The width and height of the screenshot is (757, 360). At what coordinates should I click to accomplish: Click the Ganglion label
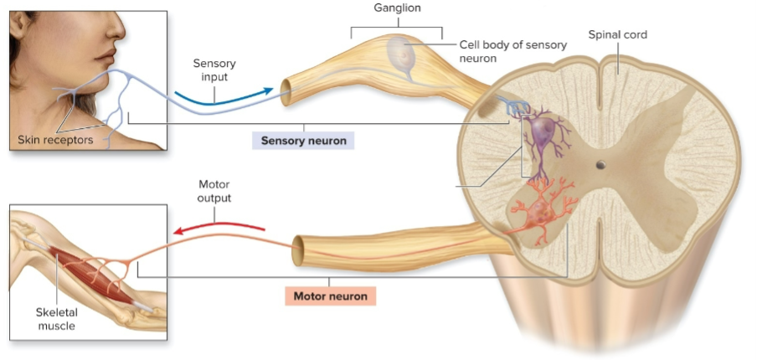click(397, 8)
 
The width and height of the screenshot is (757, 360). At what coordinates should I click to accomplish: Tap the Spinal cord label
click(618, 35)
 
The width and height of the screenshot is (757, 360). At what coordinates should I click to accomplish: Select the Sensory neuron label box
click(303, 141)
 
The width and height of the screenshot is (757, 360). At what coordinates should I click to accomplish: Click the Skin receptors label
click(56, 140)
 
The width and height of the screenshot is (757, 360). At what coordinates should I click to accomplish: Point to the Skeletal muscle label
click(56, 319)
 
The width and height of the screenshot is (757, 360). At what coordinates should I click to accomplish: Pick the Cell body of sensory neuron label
click(512, 52)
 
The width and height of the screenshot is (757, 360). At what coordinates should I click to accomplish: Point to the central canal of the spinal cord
click(600, 165)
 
